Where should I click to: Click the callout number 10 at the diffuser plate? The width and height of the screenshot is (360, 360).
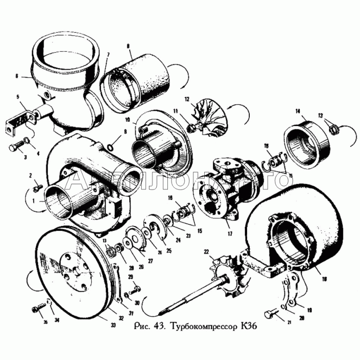(x=127, y=120)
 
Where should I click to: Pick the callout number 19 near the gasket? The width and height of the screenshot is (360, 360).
(x=310, y=310)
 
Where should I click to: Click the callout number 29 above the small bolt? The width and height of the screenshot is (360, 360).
(x=130, y=277)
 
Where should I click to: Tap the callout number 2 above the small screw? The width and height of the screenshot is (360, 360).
(x=31, y=175)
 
